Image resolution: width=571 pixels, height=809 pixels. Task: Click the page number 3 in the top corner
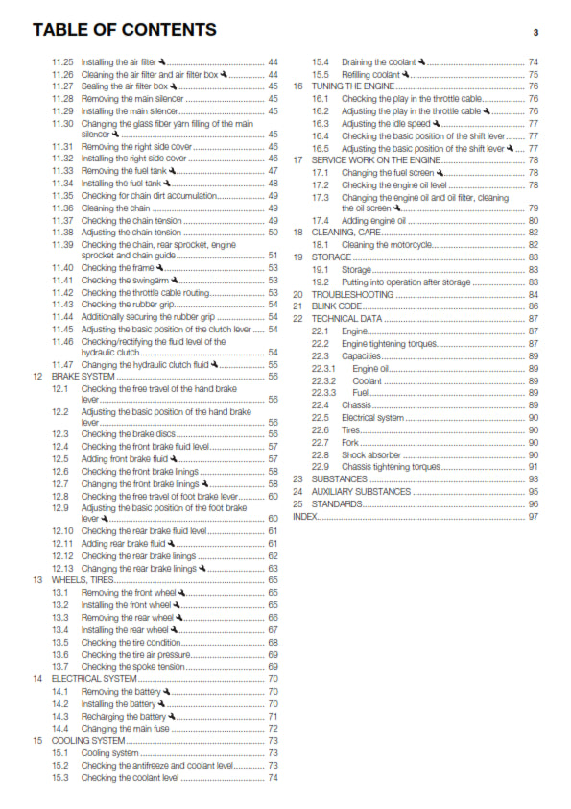(535, 32)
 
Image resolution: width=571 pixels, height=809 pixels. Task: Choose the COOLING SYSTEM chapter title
(87, 741)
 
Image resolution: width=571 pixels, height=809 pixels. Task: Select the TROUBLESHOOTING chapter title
(356, 294)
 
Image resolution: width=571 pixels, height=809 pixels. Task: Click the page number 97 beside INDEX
(534, 516)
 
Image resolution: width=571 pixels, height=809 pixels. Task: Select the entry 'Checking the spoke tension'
(132, 666)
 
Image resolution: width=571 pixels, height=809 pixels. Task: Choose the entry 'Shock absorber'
(370, 454)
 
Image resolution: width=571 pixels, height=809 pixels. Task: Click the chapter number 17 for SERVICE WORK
(297, 159)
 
